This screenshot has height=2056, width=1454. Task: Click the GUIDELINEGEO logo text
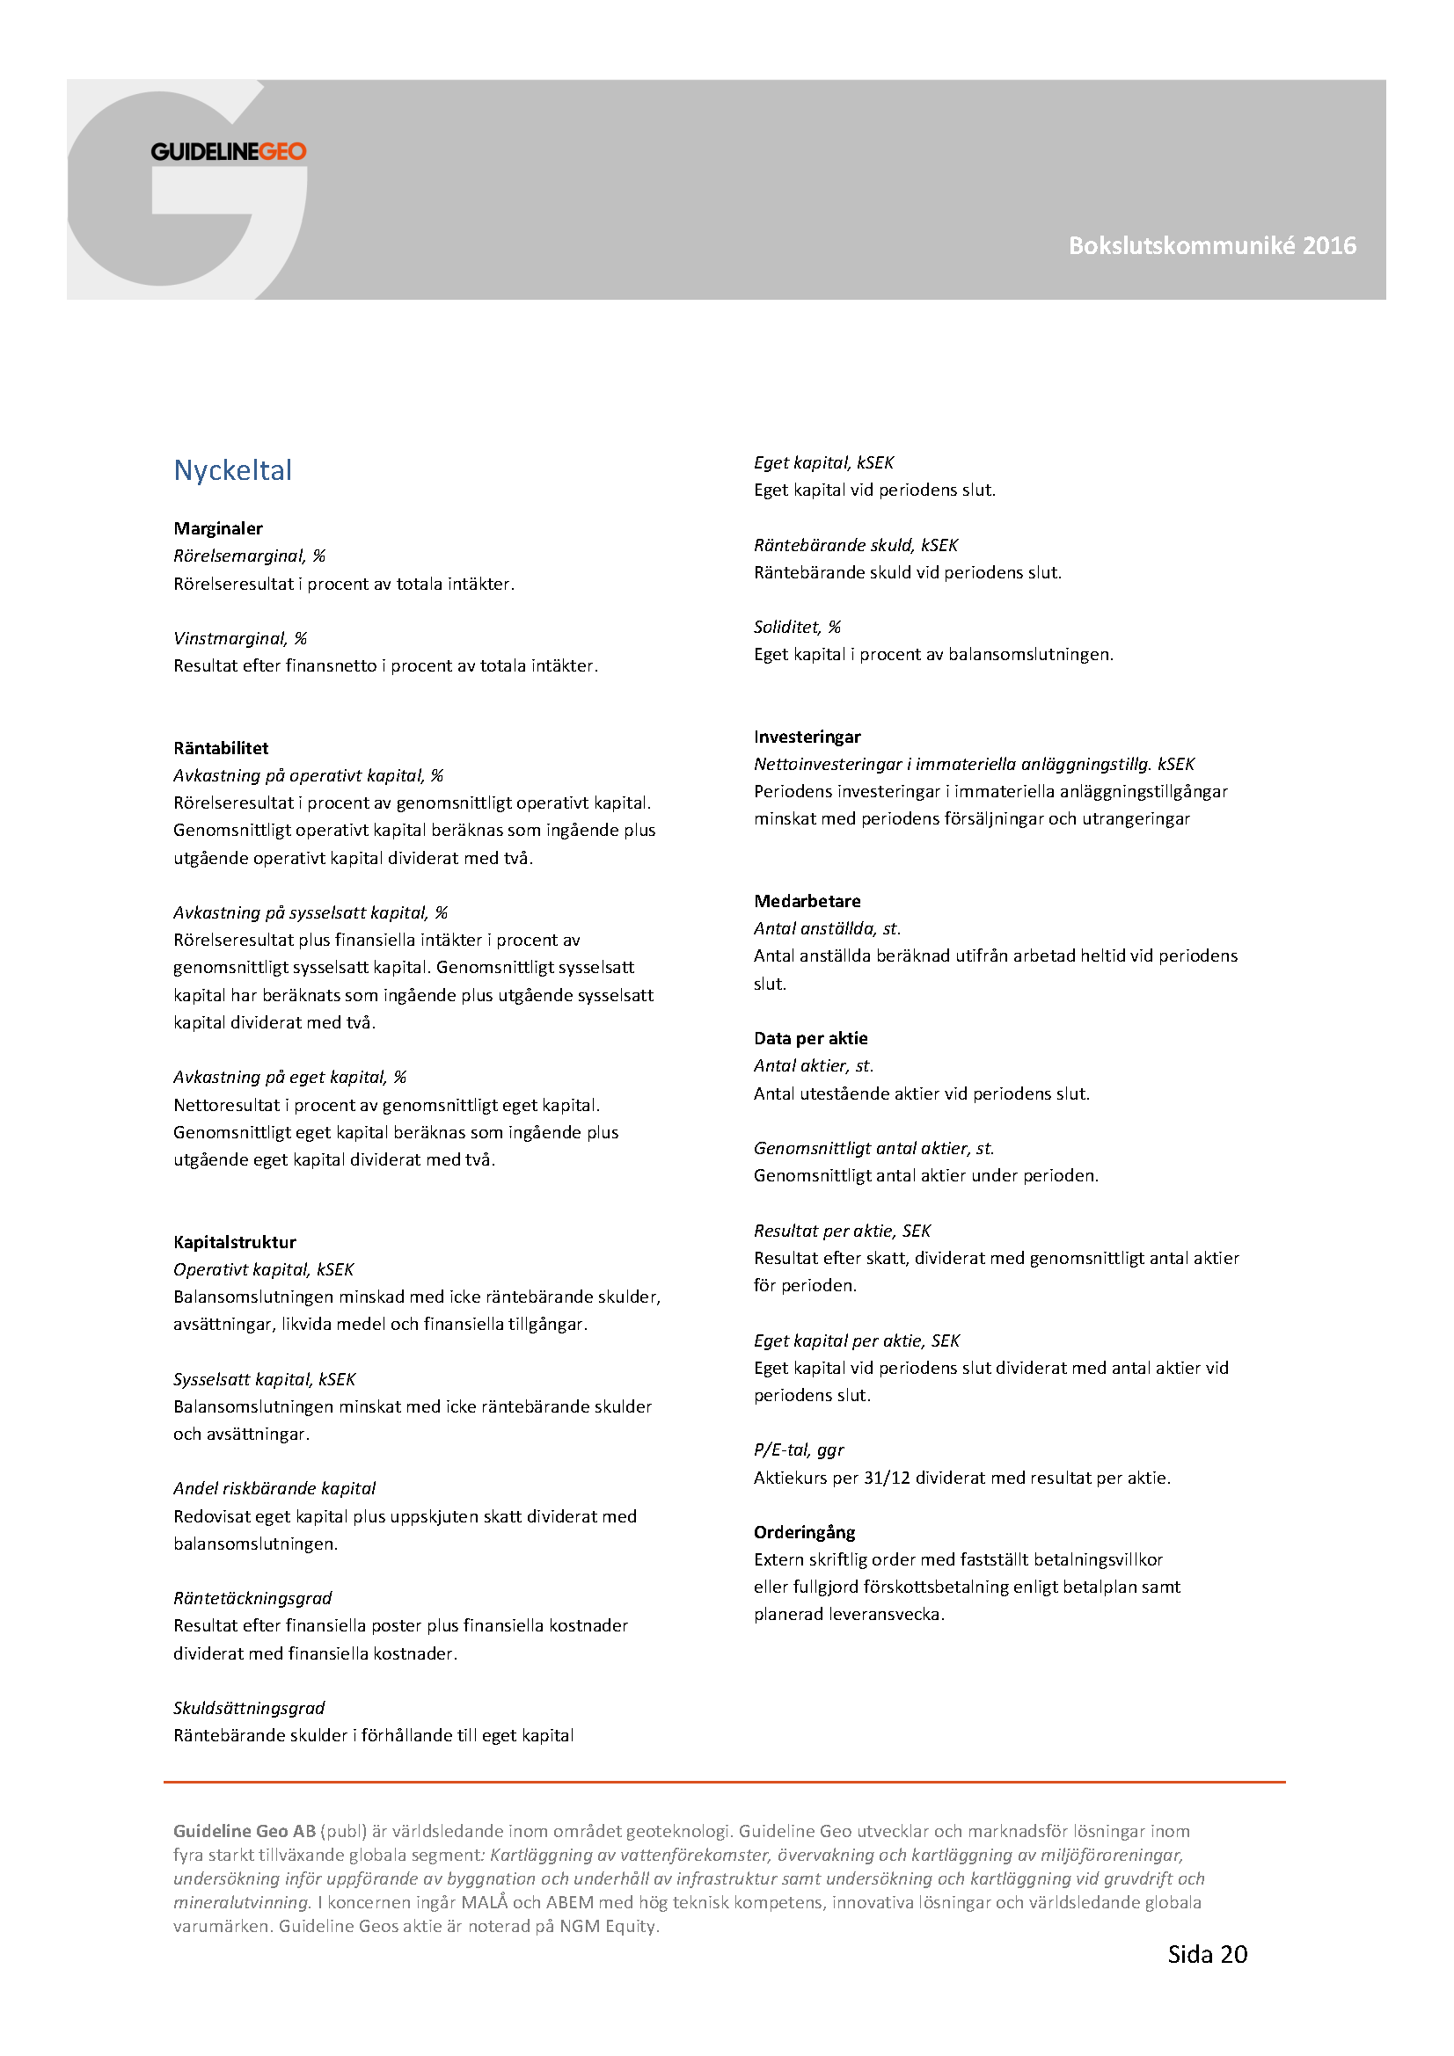pos(229,152)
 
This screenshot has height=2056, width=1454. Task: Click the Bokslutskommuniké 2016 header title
pos(1211,245)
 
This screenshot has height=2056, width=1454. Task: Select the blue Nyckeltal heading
pos(233,470)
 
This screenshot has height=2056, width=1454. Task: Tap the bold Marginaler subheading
pos(217,528)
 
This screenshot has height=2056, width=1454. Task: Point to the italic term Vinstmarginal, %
pos(240,638)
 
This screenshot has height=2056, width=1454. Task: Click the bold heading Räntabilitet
pos(221,748)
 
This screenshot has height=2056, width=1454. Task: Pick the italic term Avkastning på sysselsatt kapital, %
pos(310,912)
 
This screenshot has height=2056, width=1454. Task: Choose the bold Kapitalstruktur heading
pos(235,1242)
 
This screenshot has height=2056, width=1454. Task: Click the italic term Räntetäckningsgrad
pos(252,1598)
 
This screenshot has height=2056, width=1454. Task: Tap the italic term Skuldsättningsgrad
pos(249,1708)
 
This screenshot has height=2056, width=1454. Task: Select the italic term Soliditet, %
pos(796,627)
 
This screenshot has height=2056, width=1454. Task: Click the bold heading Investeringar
pos(807,737)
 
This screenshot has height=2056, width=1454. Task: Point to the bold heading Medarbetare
pos(807,901)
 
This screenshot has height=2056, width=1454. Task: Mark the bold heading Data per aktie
pos(810,1038)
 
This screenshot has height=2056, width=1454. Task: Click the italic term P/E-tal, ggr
pos(798,1449)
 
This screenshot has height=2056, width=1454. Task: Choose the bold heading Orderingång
pos(804,1532)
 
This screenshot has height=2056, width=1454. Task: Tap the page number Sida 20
pos(1207,1954)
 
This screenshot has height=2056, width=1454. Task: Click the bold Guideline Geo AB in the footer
pos(245,1831)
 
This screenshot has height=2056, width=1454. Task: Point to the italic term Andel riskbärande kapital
pos(274,1488)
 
